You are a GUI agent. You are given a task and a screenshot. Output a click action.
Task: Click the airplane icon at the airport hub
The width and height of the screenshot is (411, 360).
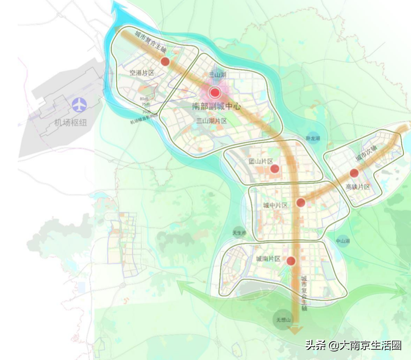point(79,105)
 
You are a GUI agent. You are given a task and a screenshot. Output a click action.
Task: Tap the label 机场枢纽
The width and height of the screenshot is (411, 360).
point(70,122)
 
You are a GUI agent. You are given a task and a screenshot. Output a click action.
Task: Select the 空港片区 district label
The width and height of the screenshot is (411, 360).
point(142,73)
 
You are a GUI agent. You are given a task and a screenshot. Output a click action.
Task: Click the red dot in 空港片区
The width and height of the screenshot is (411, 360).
point(165,61)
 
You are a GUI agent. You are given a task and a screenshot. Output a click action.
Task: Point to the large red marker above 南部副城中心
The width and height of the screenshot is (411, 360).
point(214,93)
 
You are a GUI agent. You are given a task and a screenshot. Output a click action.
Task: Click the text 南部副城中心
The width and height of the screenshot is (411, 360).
point(216,107)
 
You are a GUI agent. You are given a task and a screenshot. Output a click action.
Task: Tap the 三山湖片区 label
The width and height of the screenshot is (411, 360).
point(212,121)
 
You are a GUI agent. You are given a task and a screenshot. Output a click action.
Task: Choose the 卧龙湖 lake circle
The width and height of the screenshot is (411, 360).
point(313,138)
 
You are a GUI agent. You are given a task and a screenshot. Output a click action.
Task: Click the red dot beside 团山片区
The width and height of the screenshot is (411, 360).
point(275,169)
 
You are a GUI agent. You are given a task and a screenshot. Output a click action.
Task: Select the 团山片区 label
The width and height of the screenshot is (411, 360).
point(261,161)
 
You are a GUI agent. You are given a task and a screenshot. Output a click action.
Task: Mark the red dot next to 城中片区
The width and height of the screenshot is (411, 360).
point(301,202)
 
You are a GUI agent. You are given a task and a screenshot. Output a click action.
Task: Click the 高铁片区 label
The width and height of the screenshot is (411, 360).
point(358,187)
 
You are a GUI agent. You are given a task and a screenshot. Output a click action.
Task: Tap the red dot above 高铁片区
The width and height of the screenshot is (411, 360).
point(354,173)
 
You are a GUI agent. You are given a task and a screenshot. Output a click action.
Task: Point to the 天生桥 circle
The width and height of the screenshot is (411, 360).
point(240,233)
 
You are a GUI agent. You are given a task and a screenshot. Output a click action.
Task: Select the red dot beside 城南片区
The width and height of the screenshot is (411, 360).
point(291,261)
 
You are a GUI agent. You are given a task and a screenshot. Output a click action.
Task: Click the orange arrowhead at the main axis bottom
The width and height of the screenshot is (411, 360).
point(295,331)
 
